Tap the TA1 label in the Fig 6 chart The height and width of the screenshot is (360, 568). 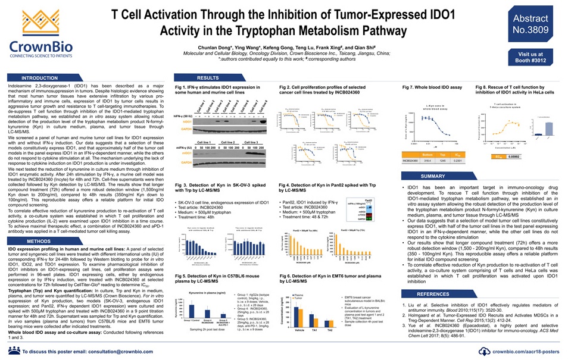(314, 330)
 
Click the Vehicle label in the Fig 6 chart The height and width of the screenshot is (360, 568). (299, 330)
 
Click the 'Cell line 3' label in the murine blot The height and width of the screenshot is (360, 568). (250, 142)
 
